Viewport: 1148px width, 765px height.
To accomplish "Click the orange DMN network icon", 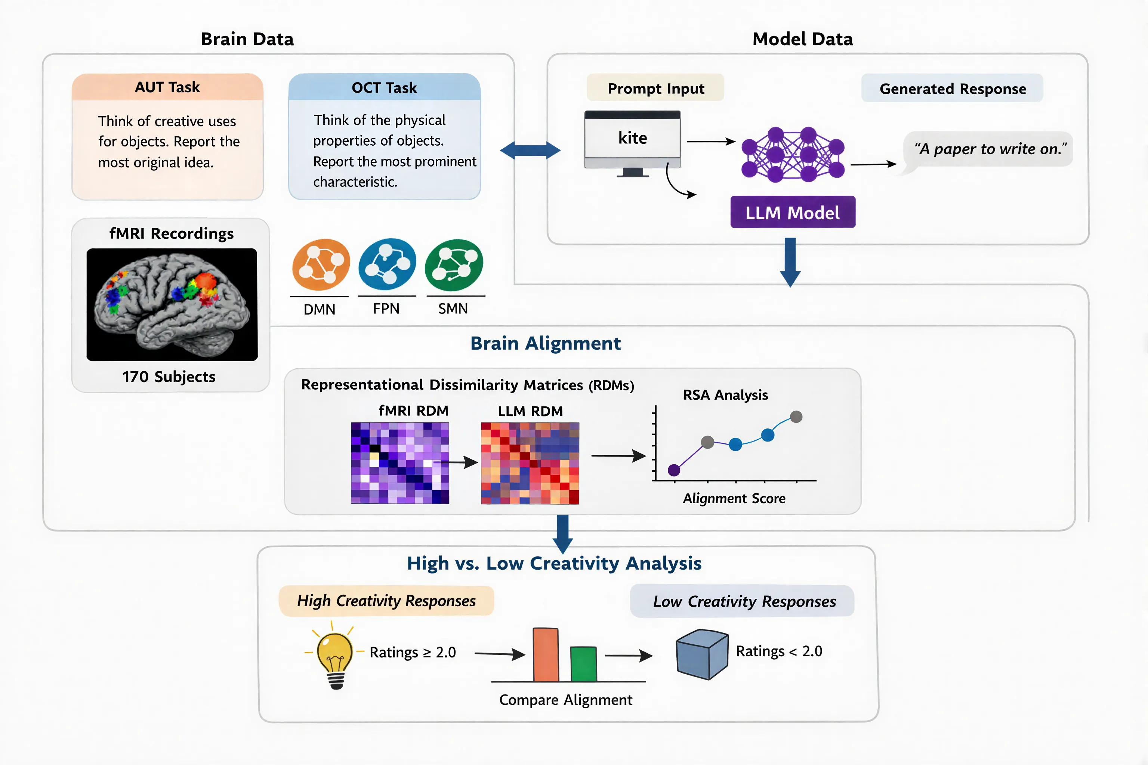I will pyautogui.click(x=321, y=264).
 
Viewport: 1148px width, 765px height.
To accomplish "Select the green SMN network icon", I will pyautogui.click(x=454, y=265).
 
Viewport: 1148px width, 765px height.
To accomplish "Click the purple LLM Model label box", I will pyautogui.click(x=793, y=212).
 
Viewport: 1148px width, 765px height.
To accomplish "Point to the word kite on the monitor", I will pyautogui.click(x=633, y=138).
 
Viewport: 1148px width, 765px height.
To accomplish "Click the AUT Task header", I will pyautogui.click(x=167, y=87).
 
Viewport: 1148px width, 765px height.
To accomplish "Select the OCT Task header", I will pyautogui.click(x=384, y=88).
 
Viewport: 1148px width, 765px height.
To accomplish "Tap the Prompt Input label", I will pyautogui.click(x=655, y=88).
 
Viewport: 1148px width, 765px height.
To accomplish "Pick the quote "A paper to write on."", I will pyautogui.click(x=990, y=149).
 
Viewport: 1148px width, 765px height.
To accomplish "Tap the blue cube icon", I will pyautogui.click(x=702, y=654).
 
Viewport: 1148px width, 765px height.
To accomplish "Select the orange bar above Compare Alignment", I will pyautogui.click(x=545, y=655).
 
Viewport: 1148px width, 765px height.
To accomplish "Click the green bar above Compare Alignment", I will pyautogui.click(x=583, y=664).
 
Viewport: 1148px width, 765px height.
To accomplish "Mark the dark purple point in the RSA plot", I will pyautogui.click(x=673, y=470).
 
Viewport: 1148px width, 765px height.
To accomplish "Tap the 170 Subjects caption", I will pyautogui.click(x=169, y=377).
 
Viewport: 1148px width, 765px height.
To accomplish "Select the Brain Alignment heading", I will pyautogui.click(x=545, y=344).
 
